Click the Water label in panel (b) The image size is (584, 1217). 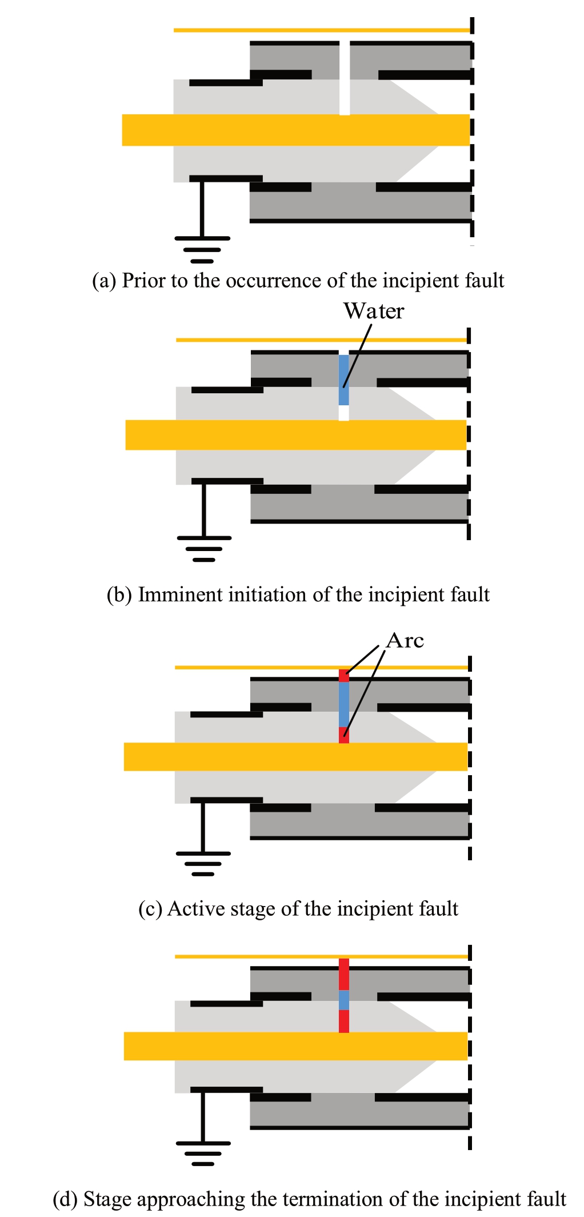point(373,311)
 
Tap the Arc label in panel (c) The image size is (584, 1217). point(405,640)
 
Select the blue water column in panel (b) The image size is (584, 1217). point(343,380)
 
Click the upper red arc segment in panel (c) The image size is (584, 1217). point(343,676)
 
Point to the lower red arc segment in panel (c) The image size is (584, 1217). point(343,735)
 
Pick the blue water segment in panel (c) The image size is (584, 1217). point(343,704)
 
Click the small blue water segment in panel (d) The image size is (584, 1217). point(343,1000)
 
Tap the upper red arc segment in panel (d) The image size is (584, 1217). point(343,975)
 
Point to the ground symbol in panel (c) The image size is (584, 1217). point(203,863)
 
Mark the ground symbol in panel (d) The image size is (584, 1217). point(203,1152)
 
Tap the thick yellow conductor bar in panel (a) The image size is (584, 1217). point(295,130)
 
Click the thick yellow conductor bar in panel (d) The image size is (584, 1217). point(295,1046)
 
